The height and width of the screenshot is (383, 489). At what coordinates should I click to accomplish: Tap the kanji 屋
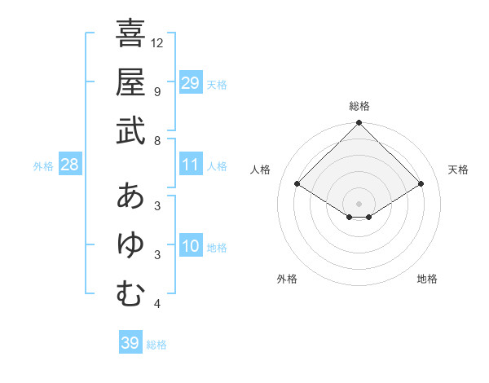pos(130,81)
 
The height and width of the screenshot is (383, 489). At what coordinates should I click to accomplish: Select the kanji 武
pos(130,130)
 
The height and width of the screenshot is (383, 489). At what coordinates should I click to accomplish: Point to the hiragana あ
pos(130,196)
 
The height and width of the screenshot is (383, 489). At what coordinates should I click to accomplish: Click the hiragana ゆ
pos(130,245)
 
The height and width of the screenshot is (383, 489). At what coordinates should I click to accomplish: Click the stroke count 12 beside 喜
pos(158,42)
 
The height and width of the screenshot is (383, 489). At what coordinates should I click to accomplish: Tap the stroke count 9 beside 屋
pos(157,91)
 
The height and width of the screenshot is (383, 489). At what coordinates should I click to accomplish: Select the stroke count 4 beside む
pos(157,305)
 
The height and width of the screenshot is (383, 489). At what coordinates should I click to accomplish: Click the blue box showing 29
pos(191,82)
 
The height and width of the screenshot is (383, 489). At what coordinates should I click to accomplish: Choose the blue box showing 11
pos(191,165)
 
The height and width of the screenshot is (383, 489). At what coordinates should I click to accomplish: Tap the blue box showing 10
pos(191,246)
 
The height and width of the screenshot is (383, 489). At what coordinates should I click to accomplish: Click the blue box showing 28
pos(70,165)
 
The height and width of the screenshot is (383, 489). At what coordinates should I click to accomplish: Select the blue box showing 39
pos(130,343)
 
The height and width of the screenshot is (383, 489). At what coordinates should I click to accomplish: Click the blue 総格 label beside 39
pos(156,345)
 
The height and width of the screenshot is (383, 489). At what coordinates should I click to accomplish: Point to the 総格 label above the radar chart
pos(359,106)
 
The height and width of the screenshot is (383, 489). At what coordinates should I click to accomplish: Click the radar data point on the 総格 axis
pos(359,124)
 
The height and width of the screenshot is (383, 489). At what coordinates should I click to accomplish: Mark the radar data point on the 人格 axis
pos(297,185)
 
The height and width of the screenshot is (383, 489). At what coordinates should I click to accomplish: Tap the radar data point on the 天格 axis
pos(421,185)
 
